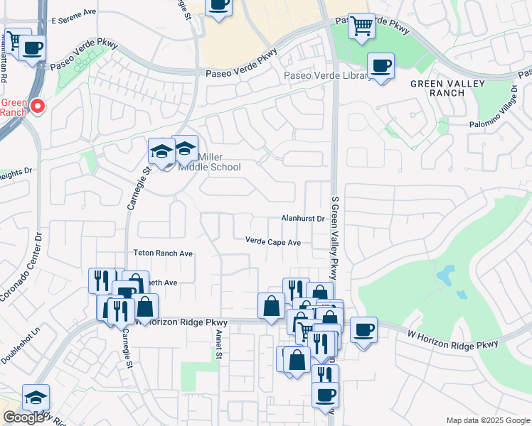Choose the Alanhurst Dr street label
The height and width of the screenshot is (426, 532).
point(302,219)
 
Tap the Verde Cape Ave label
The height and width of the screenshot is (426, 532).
point(273,242)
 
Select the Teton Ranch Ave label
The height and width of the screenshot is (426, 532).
point(163,253)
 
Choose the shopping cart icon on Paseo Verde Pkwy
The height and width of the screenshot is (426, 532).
point(361,26)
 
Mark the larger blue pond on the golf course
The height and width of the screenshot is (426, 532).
point(445,275)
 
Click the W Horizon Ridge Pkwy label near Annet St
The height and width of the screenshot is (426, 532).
point(181,322)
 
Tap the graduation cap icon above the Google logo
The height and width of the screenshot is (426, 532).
point(36,398)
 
